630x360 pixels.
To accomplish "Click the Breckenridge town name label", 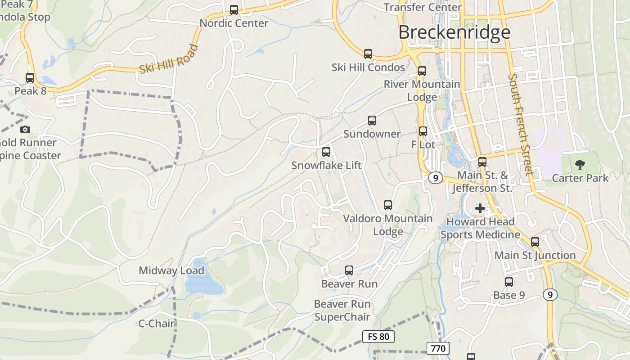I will pyautogui.click(x=454, y=32).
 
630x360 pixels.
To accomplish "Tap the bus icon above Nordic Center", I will pyautogui.click(x=234, y=9).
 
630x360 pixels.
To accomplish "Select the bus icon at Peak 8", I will pyautogui.click(x=30, y=78).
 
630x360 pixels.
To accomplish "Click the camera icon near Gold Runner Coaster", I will pyautogui.click(x=25, y=130).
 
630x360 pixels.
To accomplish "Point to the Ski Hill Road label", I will pyautogui.click(x=169, y=59).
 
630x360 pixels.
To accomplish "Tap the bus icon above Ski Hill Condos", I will pyautogui.click(x=368, y=54).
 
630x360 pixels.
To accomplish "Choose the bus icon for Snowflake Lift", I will pyautogui.click(x=326, y=152).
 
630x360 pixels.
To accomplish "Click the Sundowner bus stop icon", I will pyautogui.click(x=372, y=121).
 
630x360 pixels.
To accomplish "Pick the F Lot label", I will pyautogui.click(x=423, y=144).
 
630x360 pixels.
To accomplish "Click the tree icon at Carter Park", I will pyautogui.click(x=580, y=165).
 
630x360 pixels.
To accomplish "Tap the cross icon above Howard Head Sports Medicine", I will pyautogui.click(x=480, y=208).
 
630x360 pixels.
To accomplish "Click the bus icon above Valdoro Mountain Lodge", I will pyautogui.click(x=388, y=205).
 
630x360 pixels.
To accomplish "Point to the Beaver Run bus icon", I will pyautogui.click(x=349, y=270).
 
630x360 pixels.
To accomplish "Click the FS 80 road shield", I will pyautogui.click(x=378, y=336).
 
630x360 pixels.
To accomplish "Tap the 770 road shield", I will pyautogui.click(x=438, y=348).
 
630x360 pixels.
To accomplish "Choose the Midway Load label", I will pyautogui.click(x=171, y=270).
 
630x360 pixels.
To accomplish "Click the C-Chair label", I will pyautogui.click(x=156, y=323).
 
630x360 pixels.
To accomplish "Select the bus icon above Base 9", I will pyautogui.click(x=509, y=282).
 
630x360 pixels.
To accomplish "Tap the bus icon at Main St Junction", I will pyautogui.click(x=535, y=242).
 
